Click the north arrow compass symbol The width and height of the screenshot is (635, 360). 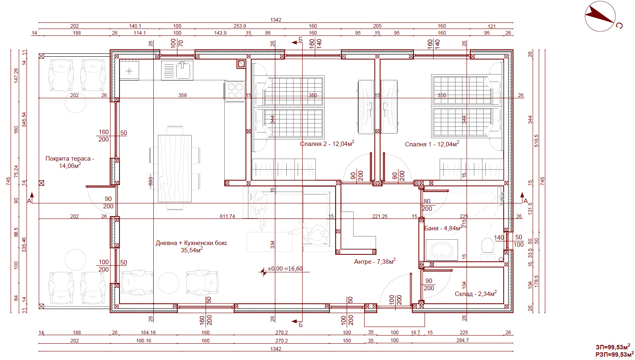tap(600, 16)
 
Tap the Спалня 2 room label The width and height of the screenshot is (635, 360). tap(327, 144)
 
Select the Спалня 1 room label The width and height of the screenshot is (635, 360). tap(432, 144)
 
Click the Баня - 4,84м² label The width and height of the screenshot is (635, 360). tap(444, 228)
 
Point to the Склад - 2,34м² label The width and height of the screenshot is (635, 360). tap(476, 294)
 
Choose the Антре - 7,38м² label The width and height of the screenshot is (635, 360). tap(375, 261)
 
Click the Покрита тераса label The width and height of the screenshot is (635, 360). tap(70, 162)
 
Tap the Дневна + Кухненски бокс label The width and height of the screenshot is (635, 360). tap(191, 246)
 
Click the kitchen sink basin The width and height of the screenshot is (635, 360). tap(183, 70)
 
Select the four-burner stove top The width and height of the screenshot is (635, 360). tap(235, 91)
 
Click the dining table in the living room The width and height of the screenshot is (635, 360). tap(175, 168)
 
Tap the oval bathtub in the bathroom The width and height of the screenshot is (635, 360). tap(442, 250)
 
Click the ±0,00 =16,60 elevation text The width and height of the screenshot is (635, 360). tap(285, 268)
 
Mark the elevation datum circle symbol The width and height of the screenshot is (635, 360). tap(263, 272)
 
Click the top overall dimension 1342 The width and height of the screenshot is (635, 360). tap(276, 20)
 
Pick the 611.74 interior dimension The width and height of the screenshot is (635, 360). tap(227, 216)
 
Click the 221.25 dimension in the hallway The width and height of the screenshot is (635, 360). tap(380, 216)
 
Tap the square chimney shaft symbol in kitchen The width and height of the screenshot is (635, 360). tap(241, 64)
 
